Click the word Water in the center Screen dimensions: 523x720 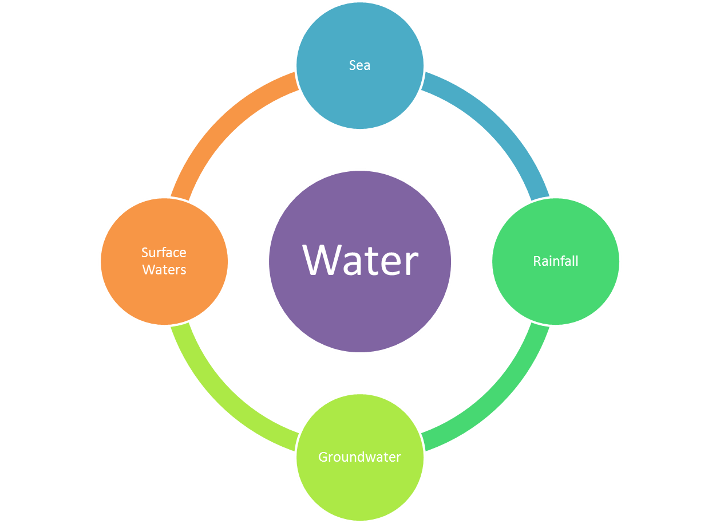tap(360, 261)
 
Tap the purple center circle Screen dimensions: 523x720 tap(360, 309)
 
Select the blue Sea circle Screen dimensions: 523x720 tap(360, 92)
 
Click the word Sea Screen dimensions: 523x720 tap(360, 65)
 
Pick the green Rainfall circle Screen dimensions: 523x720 tap(555, 292)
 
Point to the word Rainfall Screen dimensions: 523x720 tap(556, 261)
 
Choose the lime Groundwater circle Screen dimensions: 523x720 tap(360, 487)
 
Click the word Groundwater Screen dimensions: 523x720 tap(359, 457)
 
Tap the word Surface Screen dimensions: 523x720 tap(164, 253)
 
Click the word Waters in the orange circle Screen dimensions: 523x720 tap(164, 270)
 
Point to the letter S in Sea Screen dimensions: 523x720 tap(353, 65)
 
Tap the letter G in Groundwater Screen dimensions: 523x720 tap(323, 457)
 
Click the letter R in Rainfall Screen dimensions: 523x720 tap(537, 261)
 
